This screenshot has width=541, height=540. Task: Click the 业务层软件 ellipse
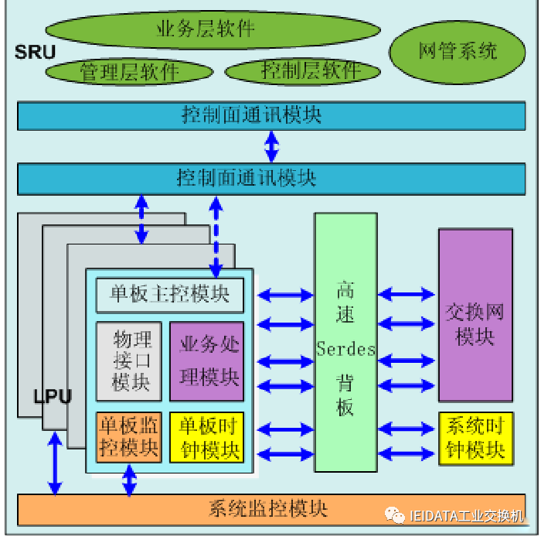(x=213, y=30)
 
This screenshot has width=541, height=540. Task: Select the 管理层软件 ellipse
(x=129, y=72)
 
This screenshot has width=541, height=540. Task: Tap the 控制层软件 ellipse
(x=303, y=71)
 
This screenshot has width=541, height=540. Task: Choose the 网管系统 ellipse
(x=458, y=53)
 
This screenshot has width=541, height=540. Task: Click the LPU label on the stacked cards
(x=53, y=397)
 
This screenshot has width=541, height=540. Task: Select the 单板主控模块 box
(x=169, y=295)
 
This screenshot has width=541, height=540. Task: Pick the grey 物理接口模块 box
(x=129, y=361)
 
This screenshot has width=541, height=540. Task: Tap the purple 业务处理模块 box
(x=207, y=361)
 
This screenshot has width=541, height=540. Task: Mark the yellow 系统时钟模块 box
(x=475, y=439)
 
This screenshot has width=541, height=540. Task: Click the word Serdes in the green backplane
(x=345, y=349)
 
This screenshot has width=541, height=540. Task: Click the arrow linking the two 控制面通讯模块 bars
(x=271, y=145)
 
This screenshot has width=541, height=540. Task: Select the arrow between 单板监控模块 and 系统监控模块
(x=130, y=483)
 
